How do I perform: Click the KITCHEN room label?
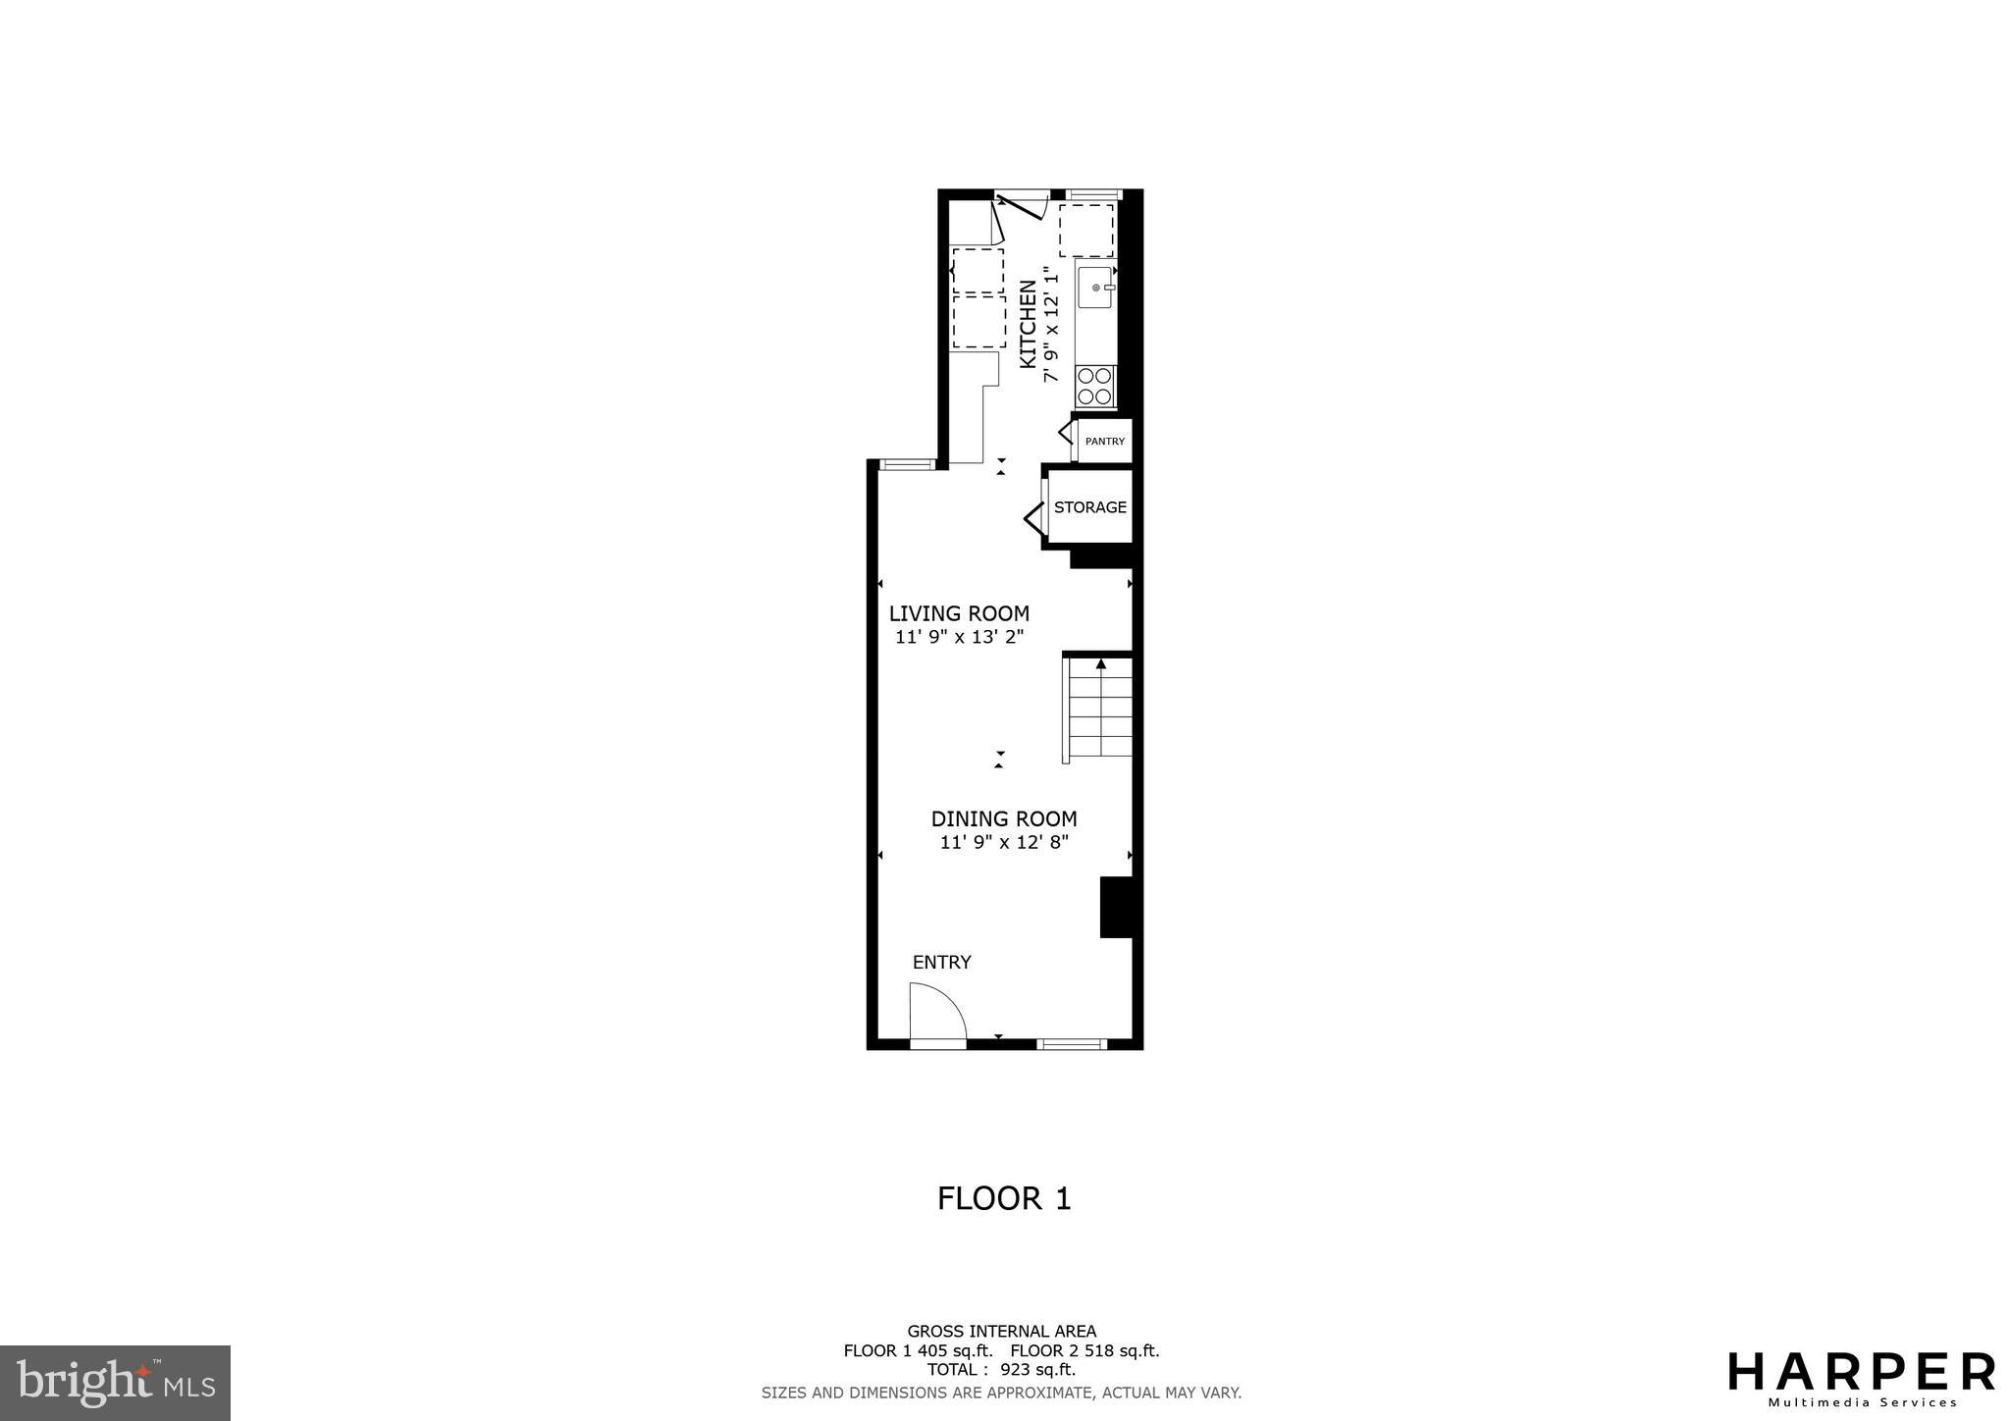(1028, 325)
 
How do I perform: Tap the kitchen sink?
(1095, 288)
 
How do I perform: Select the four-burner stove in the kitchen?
(1095, 386)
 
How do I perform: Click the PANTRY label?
(1105, 442)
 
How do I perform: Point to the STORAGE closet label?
(1089, 507)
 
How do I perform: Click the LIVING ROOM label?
(959, 614)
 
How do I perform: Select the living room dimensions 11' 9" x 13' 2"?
(959, 637)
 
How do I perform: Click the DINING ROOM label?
(1004, 819)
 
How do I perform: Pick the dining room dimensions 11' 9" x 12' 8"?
(1004, 842)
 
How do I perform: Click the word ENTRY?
(941, 963)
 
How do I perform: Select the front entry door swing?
(935, 1015)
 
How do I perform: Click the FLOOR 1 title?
(1004, 1199)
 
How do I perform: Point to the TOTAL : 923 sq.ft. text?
(1001, 1370)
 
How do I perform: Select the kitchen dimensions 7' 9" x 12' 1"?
(1051, 325)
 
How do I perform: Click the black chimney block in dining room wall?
(1116, 907)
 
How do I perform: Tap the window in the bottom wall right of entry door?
(1072, 1044)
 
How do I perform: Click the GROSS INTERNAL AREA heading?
(1001, 1332)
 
